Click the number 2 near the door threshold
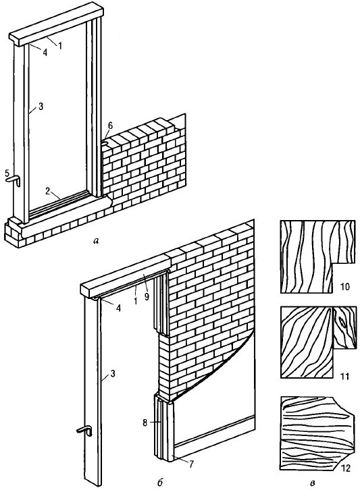[x=47, y=191]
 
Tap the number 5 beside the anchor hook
[x=7, y=173]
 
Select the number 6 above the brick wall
[x=110, y=126]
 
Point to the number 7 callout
[x=191, y=464]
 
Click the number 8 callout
[x=145, y=423]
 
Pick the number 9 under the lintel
[x=147, y=296]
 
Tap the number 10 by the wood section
[x=344, y=286]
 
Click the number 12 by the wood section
[x=346, y=468]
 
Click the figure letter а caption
[x=96, y=241]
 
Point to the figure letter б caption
[x=159, y=482]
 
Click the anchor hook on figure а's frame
[x=14, y=181]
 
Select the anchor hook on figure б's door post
[x=84, y=431]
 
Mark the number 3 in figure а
[x=41, y=107]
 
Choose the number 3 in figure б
[x=113, y=373]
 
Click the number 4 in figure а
[x=45, y=53]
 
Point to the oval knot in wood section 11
[x=342, y=322]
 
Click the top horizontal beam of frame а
[x=56, y=24]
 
